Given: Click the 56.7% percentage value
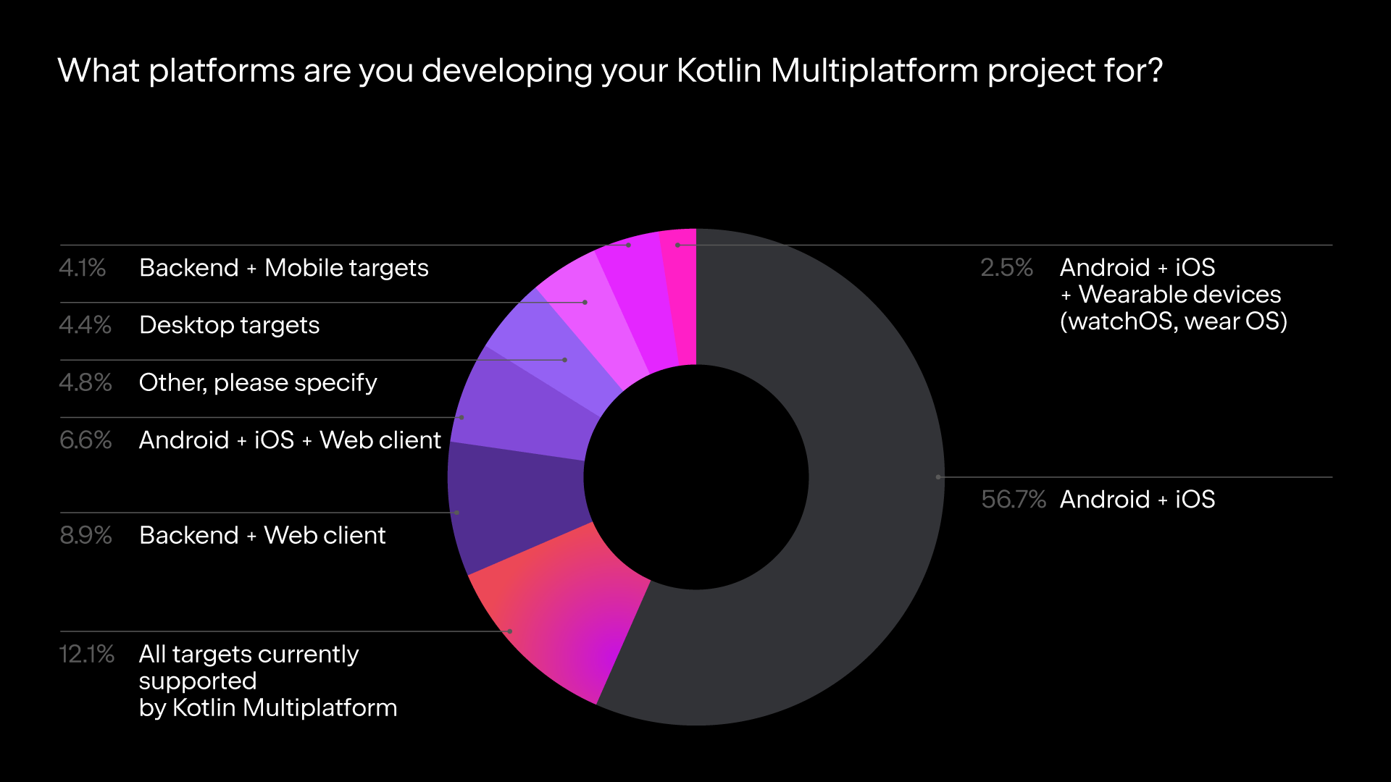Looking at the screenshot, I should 1013,500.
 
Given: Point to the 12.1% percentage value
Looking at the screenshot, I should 86,655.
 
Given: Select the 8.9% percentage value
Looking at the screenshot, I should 85,536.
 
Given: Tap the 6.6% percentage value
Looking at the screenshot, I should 85,440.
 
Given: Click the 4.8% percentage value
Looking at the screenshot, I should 85,382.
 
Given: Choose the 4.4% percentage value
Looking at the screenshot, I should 85,325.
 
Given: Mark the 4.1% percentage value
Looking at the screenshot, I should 82,268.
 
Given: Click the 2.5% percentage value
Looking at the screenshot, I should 1006,268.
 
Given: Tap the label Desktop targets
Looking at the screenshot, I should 229,325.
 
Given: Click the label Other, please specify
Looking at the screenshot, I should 258,382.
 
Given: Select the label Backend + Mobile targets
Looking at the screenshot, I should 283,268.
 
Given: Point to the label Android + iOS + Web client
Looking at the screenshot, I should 290,440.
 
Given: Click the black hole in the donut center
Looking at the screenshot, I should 696,477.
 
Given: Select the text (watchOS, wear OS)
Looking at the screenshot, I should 1173,321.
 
